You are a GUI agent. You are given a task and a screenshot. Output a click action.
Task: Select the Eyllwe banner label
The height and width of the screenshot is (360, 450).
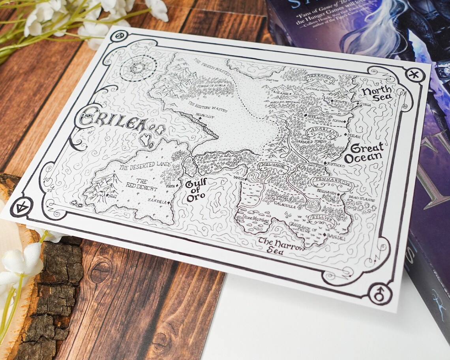[x=320, y=219]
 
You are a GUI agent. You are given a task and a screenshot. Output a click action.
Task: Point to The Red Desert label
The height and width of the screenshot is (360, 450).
[x=136, y=184]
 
